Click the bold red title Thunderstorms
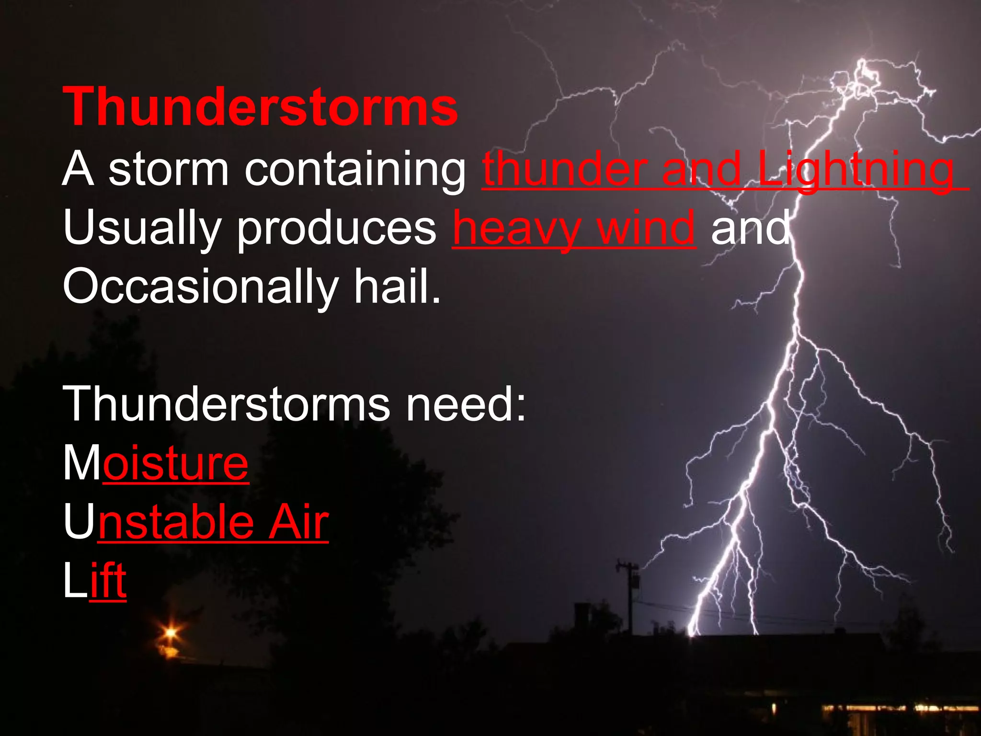260,106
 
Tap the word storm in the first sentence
168,169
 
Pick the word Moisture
156,463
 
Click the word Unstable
159,522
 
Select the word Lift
95,581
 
